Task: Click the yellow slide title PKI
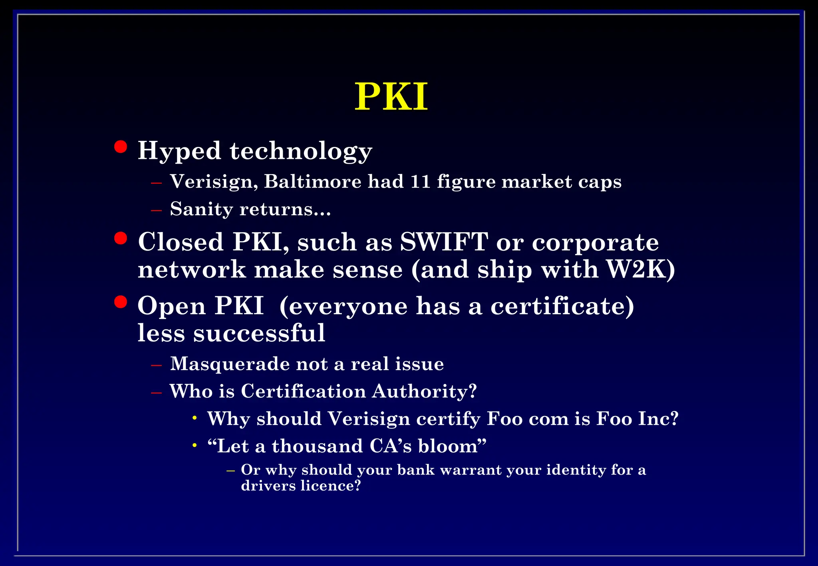(x=391, y=97)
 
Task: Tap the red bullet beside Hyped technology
(x=120, y=147)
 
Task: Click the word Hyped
(x=179, y=152)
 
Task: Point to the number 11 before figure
(x=420, y=182)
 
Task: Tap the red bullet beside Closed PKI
(x=120, y=238)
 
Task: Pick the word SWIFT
(x=444, y=242)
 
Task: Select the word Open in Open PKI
(x=171, y=306)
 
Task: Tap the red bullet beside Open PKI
(x=120, y=302)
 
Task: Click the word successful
(x=259, y=333)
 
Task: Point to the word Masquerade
(x=230, y=364)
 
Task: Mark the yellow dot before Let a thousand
(x=195, y=445)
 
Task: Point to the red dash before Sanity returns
(x=156, y=210)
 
